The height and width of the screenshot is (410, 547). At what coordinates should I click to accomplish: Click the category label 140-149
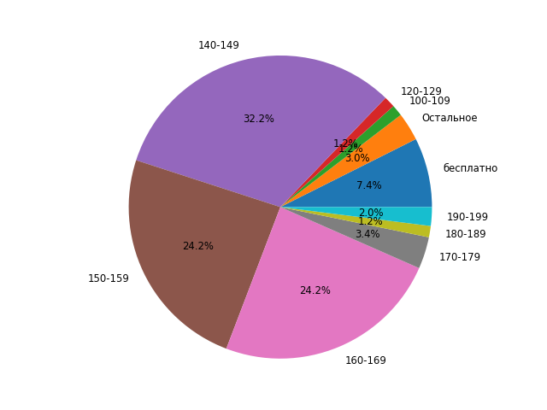[219, 45]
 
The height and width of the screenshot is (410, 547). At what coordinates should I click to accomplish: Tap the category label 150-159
[109, 278]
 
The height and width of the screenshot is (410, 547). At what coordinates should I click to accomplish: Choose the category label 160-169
[366, 360]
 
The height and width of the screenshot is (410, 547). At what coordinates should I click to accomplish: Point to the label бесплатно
[470, 168]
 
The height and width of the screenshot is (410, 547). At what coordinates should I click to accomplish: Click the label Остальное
[450, 118]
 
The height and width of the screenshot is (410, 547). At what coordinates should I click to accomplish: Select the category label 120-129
[421, 91]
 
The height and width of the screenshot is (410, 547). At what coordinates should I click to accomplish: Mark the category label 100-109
[430, 101]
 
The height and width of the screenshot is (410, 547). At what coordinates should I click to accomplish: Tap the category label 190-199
[468, 217]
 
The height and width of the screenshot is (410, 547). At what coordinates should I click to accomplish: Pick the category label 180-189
[466, 234]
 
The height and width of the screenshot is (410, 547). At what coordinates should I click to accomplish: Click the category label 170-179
[460, 257]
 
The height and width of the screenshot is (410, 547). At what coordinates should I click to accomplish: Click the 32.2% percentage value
[259, 119]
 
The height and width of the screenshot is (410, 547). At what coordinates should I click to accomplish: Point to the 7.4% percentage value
[369, 185]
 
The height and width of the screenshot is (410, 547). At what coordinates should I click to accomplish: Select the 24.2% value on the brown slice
[198, 246]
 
